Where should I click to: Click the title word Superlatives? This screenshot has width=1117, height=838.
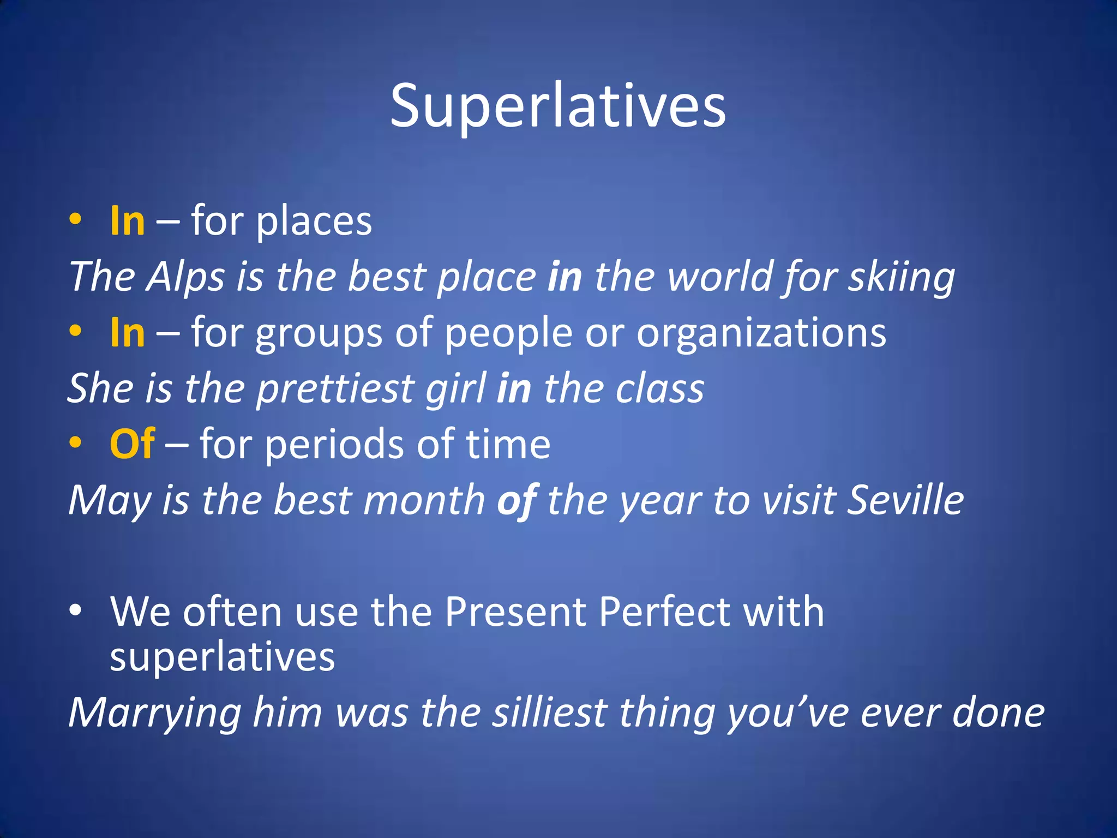tap(558, 106)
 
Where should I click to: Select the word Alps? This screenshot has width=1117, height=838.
tap(185, 277)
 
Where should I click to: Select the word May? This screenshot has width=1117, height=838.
tap(109, 501)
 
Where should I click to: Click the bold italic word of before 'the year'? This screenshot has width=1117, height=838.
tap(517, 501)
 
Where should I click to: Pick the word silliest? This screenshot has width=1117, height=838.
tap(550, 713)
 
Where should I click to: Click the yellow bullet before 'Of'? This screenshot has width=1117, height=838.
tap(75, 443)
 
